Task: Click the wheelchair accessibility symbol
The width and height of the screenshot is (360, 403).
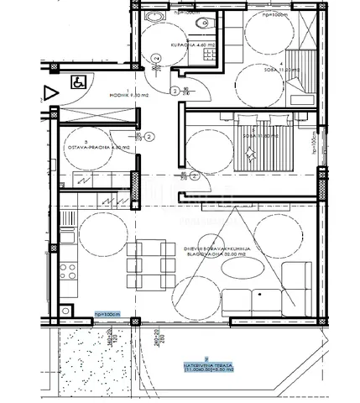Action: pyautogui.click(x=76, y=82)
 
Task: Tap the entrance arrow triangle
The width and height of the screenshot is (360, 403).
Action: pyautogui.click(x=50, y=92)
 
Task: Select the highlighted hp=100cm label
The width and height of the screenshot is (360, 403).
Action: pyautogui.click(x=108, y=314)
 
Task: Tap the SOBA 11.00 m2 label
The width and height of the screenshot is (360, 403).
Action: pyautogui.click(x=265, y=71)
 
